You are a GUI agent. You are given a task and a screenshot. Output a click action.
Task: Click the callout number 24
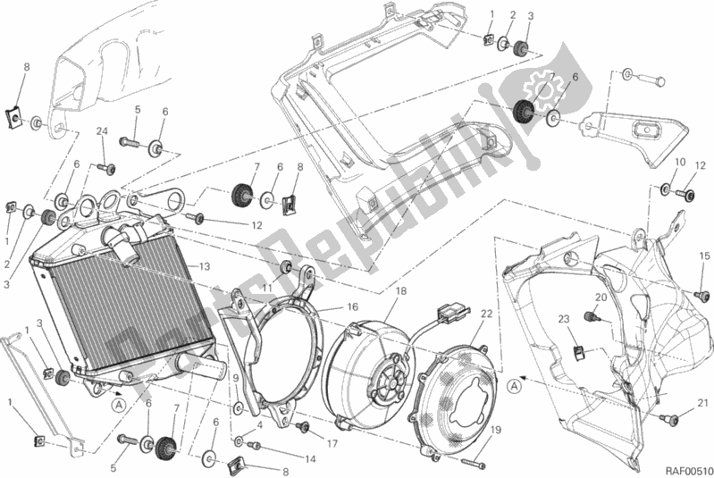pos(101,132)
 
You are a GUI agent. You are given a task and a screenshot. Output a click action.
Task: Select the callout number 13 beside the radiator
pos(205,265)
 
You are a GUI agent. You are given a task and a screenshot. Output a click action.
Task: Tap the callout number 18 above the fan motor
pos(399,291)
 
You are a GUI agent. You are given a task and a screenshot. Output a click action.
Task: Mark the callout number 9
pos(237,379)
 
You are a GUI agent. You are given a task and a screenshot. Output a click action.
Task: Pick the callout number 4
pos(258,426)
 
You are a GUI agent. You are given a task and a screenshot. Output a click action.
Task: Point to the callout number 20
pos(601,298)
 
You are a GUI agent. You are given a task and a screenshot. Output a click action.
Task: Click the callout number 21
pos(703,402)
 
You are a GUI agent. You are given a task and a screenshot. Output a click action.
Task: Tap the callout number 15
pos(704,256)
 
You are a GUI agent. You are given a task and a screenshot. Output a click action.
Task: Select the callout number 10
pos(680,163)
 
